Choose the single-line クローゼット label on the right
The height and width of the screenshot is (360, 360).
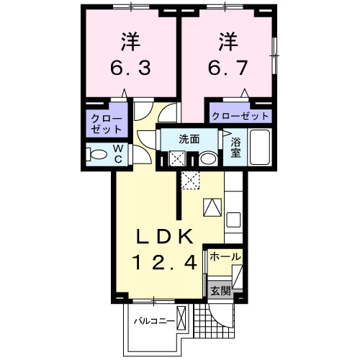pyautogui.click(x=240, y=116)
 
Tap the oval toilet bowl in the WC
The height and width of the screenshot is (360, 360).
pyautogui.click(x=94, y=153)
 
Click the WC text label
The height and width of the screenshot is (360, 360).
pyautogui.click(x=118, y=153)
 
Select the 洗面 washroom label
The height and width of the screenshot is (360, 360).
pyautogui.click(x=189, y=138)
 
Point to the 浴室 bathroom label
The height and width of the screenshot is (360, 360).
pyautogui.click(x=235, y=148)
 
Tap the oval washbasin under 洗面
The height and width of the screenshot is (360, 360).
pyautogui.click(x=208, y=159)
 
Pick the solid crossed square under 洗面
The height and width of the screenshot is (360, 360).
pyautogui.click(x=176, y=159)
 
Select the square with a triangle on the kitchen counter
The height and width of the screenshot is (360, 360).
pyautogui.click(x=212, y=207)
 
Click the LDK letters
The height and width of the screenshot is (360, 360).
pyautogui.click(x=166, y=236)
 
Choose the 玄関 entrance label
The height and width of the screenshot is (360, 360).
pyautogui.click(x=220, y=291)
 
